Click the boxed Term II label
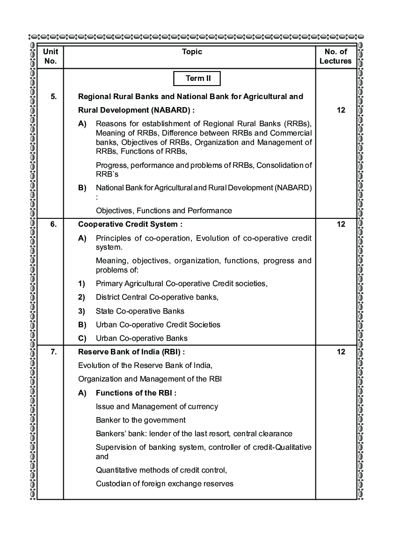(198, 79)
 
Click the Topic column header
(192, 52)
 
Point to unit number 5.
(53, 97)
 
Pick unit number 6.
(53, 224)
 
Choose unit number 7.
(53, 352)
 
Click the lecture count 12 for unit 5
(341, 110)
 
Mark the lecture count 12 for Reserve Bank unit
(341, 352)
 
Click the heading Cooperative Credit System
(130, 224)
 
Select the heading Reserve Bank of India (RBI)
(135, 352)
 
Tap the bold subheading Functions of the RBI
(136, 393)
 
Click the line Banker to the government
(141, 420)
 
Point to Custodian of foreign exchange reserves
(165, 483)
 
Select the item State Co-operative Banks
(140, 311)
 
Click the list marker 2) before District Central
(81, 297)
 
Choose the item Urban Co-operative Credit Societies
(158, 324)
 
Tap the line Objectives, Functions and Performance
(164, 210)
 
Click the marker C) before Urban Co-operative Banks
(82, 338)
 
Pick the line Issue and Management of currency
(157, 406)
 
